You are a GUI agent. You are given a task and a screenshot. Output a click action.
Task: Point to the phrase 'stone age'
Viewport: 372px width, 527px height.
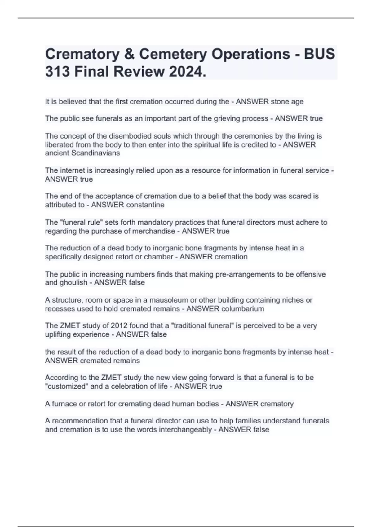pyautogui.click(x=287, y=102)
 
